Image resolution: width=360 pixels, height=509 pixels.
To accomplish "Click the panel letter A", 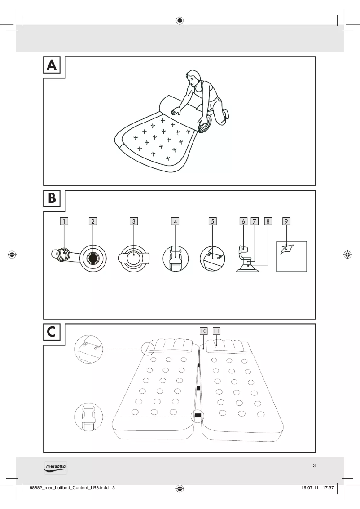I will (x=52, y=66).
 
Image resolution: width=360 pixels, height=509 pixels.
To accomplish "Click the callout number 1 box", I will (x=65, y=221).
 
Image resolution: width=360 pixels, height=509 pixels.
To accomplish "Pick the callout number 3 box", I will (x=134, y=221).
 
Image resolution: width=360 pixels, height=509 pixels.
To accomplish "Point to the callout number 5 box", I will (x=212, y=221).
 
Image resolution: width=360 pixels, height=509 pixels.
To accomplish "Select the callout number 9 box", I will (x=286, y=221).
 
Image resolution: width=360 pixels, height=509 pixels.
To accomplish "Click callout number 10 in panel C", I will (x=203, y=331).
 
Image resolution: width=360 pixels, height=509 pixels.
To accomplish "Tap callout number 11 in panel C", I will (x=216, y=331).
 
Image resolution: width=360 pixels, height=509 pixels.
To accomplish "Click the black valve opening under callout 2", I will (x=93, y=259).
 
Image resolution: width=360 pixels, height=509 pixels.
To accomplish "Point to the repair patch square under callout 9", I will (x=291, y=256).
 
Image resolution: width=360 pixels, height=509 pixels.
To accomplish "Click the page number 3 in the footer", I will (x=314, y=465).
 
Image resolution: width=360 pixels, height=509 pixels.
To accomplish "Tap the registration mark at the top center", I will (x=180, y=20).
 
